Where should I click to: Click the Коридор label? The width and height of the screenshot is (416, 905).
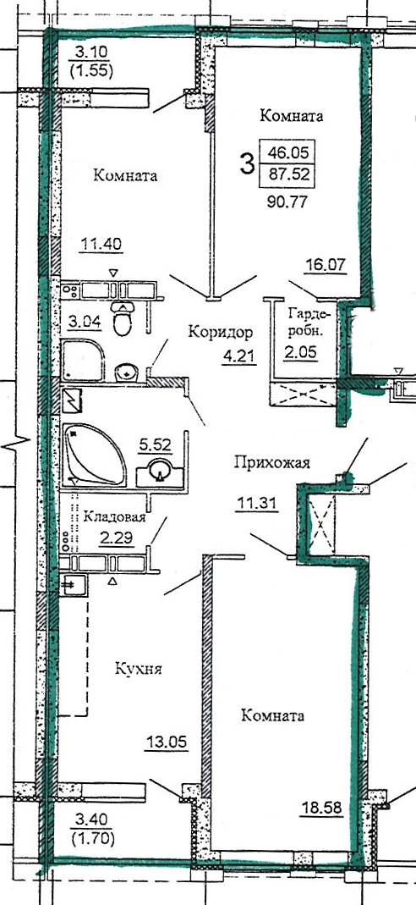click(x=221, y=333)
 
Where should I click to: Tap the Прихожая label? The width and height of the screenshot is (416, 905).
click(x=272, y=462)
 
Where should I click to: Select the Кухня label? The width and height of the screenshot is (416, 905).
click(x=138, y=670)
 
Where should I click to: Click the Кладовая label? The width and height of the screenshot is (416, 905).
click(x=114, y=516)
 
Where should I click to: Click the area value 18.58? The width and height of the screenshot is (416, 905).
click(x=321, y=808)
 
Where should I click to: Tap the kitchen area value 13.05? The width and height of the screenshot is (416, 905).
click(x=166, y=742)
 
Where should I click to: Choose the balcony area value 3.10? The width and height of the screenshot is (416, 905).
click(x=91, y=52)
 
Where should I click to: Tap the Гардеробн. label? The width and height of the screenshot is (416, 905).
click(x=309, y=320)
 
